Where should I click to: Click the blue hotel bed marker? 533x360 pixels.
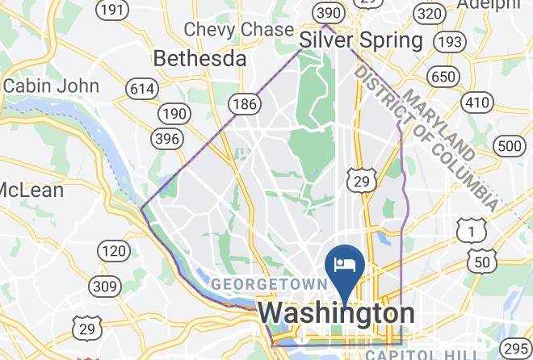tap(345, 265)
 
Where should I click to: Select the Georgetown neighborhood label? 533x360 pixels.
tap(269, 284)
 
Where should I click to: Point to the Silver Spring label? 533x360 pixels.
tap(361, 40)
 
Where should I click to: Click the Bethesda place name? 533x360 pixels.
tap(199, 58)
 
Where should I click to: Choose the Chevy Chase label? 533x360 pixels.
tap(239, 29)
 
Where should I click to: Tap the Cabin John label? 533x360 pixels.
tap(51, 86)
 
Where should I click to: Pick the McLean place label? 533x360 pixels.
tap(31, 190)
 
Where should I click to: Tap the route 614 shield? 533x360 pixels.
tap(143, 88)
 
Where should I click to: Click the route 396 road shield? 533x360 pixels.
tap(166, 138)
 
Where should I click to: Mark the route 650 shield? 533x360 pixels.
tap(443, 77)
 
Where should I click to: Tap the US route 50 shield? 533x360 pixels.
tap(482, 262)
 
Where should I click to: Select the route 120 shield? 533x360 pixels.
tap(113, 252)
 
